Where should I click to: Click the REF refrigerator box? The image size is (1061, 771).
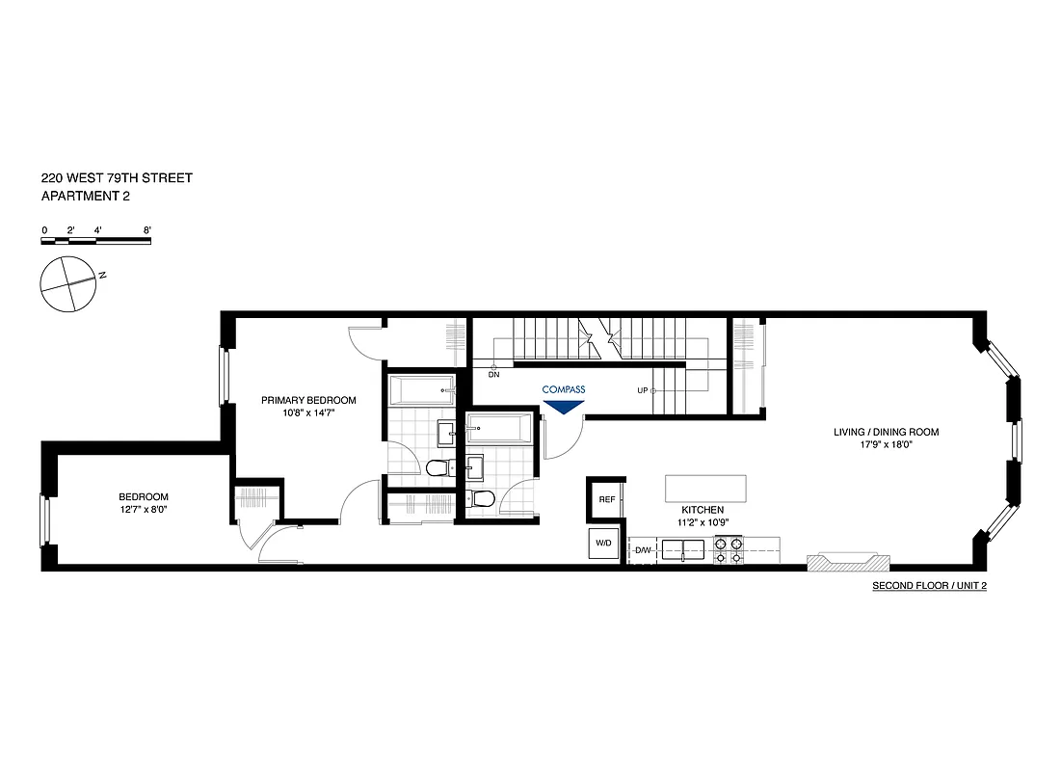pos(606,499)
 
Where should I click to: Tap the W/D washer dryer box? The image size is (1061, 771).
pos(603,544)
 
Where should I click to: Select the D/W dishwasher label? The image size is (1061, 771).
pos(643,550)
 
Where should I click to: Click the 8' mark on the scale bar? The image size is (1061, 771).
pos(146,230)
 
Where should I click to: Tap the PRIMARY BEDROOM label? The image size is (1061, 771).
pos(307,400)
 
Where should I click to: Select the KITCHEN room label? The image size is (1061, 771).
pos(703,509)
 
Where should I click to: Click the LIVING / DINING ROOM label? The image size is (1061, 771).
pos(886,432)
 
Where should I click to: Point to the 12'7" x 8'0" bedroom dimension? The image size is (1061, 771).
pos(145,510)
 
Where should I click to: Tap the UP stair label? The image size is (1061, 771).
pos(642,390)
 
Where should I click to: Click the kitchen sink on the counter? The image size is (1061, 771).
pos(684,550)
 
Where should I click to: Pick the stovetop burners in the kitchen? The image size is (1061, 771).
pos(729,550)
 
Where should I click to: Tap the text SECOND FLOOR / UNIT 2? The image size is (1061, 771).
pos(929,586)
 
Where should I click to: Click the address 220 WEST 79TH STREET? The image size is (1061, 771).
pos(117,178)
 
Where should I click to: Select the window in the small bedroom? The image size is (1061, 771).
pos(43,522)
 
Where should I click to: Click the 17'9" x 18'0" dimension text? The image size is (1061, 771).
pos(886,445)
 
